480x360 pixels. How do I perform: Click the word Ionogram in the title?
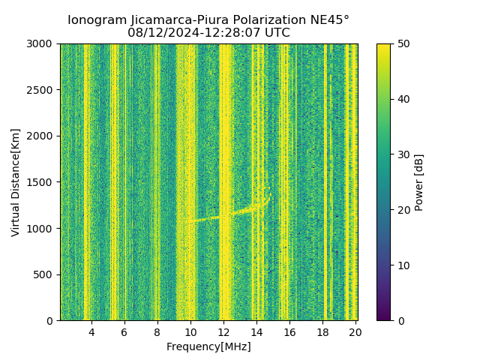(x=97, y=20)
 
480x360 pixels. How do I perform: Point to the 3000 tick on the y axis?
(x=41, y=43)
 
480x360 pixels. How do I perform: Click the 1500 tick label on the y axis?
(x=41, y=182)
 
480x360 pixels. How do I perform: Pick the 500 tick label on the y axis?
(x=44, y=274)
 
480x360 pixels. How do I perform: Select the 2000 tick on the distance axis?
(x=41, y=136)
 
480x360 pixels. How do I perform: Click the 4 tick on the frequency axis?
(x=91, y=331)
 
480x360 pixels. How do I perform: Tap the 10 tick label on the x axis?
(x=190, y=331)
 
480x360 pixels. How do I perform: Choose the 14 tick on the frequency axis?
(x=256, y=331)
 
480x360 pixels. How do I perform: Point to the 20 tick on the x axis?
(x=355, y=331)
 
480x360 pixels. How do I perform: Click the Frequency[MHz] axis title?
(x=208, y=346)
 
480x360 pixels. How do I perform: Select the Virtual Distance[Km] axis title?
(x=16, y=182)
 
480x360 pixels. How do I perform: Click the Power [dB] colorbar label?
(x=419, y=182)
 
